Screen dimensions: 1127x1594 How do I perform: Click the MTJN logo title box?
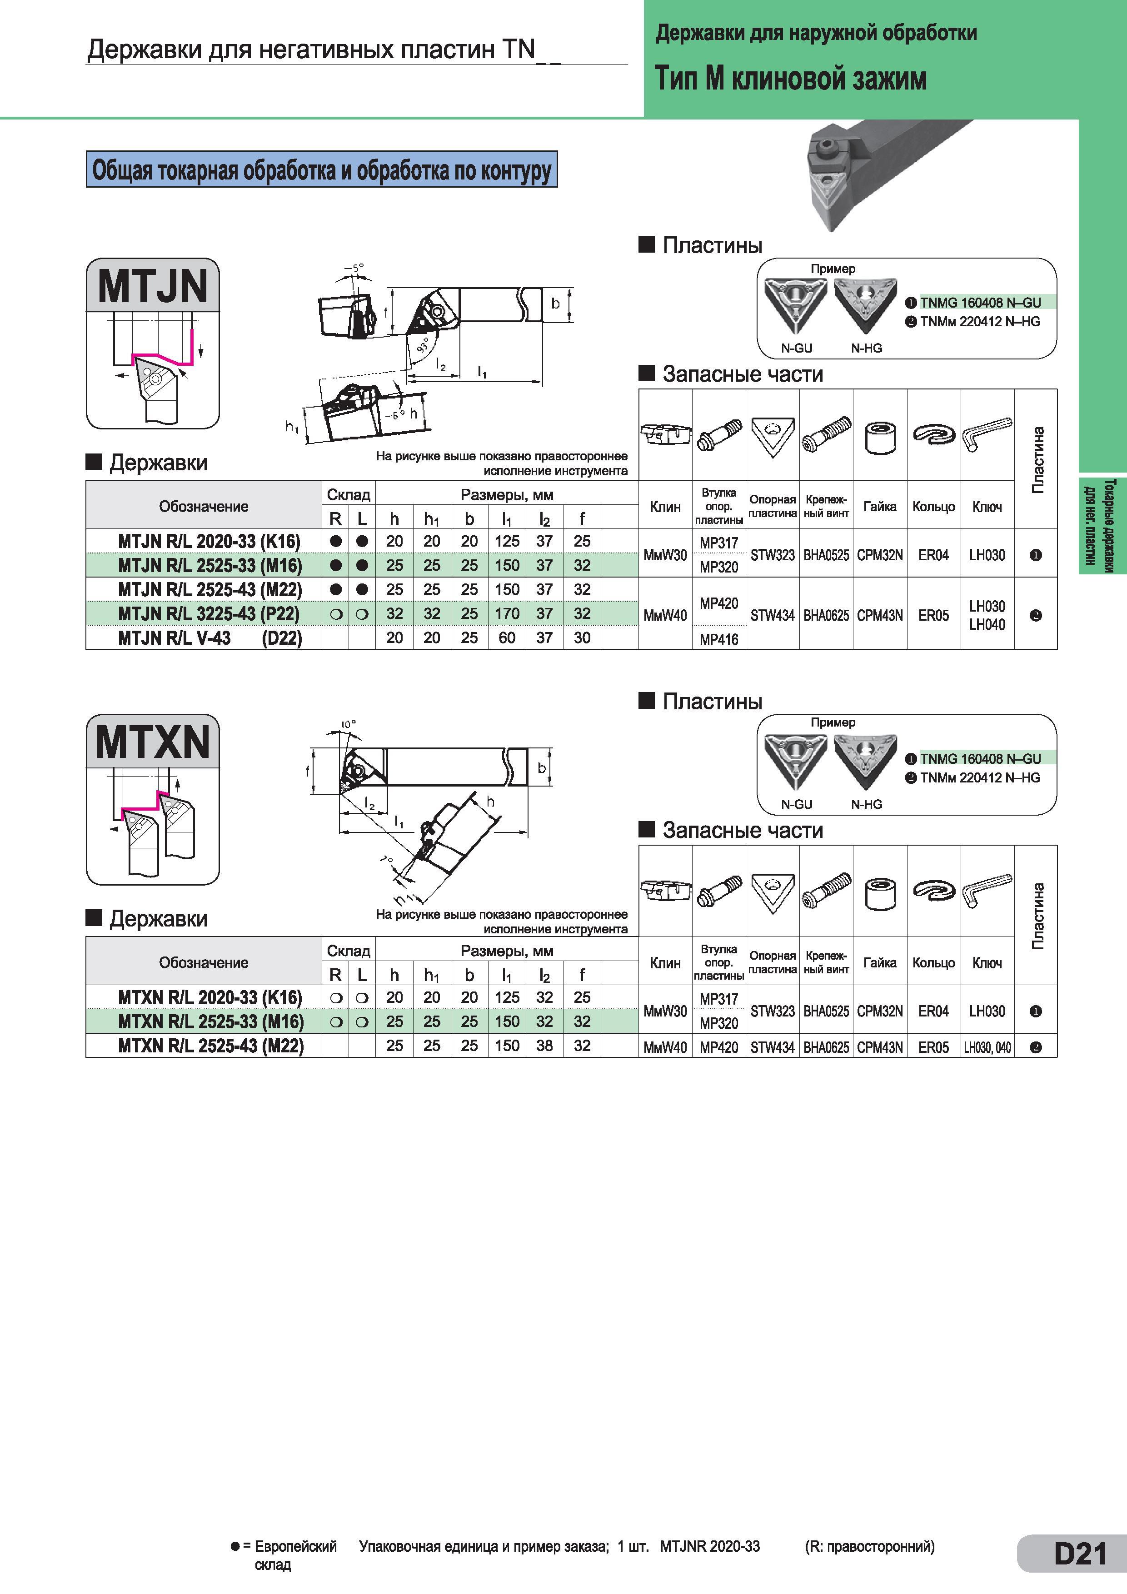[153, 285]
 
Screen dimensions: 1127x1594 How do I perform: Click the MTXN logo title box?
[153, 742]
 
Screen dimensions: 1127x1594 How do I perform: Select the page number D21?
[1080, 1553]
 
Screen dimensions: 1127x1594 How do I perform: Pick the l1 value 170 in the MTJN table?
[507, 614]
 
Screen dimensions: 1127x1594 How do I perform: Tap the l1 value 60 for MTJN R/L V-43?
[507, 638]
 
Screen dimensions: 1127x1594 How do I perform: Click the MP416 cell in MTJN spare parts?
[719, 639]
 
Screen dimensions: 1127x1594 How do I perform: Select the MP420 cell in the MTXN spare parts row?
[719, 1047]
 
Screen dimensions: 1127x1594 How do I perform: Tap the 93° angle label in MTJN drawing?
[422, 345]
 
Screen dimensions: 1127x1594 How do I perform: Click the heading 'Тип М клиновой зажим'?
[791, 79]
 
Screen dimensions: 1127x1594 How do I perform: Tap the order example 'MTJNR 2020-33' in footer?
[710, 1546]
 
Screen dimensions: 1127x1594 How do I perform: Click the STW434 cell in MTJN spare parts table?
[772, 615]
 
